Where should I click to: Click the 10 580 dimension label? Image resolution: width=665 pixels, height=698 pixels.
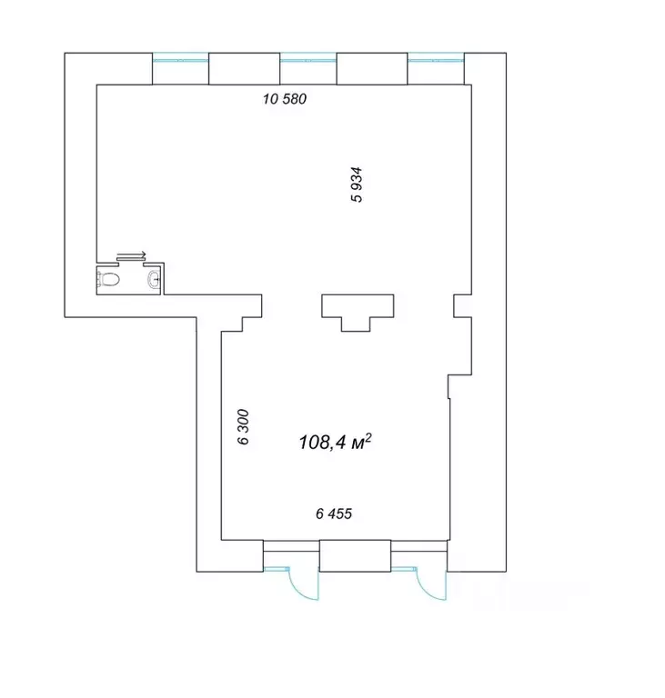tap(285, 98)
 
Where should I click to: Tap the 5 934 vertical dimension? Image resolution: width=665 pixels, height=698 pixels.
tap(357, 184)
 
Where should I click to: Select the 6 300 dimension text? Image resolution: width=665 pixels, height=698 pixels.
tap(243, 427)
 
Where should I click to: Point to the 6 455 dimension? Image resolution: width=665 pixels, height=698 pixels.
tap(334, 514)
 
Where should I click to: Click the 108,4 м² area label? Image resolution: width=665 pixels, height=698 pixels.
tap(335, 443)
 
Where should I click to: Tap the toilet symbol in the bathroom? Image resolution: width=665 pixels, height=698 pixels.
tap(108, 280)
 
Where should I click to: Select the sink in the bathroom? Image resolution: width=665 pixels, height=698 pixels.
tap(154, 280)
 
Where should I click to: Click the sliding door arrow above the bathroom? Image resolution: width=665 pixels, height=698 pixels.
tap(131, 255)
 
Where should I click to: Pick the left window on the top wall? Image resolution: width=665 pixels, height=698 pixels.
tap(180, 60)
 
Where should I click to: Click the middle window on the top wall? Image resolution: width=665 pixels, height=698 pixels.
tap(308, 60)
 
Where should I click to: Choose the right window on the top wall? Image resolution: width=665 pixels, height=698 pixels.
tap(436, 60)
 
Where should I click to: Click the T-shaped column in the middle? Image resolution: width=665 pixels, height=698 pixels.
tap(358, 307)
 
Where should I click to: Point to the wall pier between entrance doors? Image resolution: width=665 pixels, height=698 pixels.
tap(355, 555)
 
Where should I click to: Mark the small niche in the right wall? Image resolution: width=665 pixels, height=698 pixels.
tap(463, 305)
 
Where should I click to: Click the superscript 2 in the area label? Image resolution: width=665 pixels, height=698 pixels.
tap(368, 437)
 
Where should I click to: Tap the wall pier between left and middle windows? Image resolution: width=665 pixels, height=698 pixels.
tap(244, 68)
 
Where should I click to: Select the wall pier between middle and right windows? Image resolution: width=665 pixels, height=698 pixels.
tap(372, 68)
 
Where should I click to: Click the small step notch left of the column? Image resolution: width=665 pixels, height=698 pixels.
tap(252, 324)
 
